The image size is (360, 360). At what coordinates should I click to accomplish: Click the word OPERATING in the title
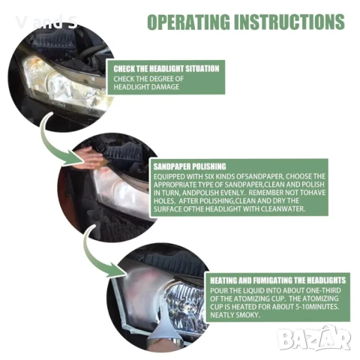click(x=188, y=22)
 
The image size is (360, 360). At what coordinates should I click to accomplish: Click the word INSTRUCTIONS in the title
click(x=289, y=22)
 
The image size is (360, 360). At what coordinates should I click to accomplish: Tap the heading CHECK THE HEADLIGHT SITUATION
click(x=166, y=69)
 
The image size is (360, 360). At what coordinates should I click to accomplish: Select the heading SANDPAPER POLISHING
click(x=190, y=166)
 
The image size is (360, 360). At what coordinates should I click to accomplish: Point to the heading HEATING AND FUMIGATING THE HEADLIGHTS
click(x=277, y=280)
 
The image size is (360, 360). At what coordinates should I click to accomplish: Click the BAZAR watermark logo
click(x=314, y=338)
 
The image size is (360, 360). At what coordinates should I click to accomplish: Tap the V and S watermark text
click(x=46, y=22)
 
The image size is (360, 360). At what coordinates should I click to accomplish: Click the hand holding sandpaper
click(x=88, y=157)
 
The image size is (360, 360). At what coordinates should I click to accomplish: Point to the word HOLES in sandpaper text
click(x=163, y=201)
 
